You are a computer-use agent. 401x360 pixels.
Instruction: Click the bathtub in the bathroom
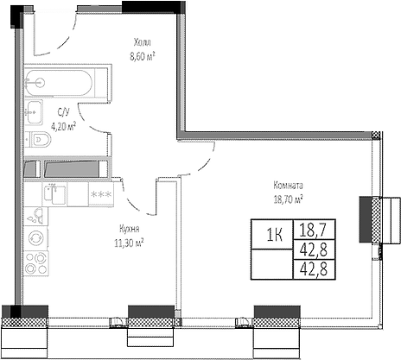(59, 83)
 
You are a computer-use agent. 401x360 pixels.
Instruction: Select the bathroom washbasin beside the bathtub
(34, 112)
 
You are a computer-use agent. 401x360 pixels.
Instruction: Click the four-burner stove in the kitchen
(36, 263)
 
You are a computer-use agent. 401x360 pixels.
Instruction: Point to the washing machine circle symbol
(36, 238)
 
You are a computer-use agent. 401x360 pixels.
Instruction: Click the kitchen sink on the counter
(54, 194)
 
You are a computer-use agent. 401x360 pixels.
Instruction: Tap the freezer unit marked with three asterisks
(101, 194)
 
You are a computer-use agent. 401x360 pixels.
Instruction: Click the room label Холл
(143, 42)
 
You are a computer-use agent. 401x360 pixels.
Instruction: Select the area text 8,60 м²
(143, 56)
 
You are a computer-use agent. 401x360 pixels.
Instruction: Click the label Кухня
(130, 229)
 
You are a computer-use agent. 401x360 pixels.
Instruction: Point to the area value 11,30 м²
(129, 243)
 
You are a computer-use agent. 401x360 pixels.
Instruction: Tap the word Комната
(288, 186)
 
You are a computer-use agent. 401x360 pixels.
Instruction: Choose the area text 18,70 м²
(288, 199)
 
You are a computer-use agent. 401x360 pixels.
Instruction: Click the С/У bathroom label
(63, 112)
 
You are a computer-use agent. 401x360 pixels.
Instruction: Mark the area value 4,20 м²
(63, 126)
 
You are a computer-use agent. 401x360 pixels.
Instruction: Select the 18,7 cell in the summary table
(314, 230)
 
